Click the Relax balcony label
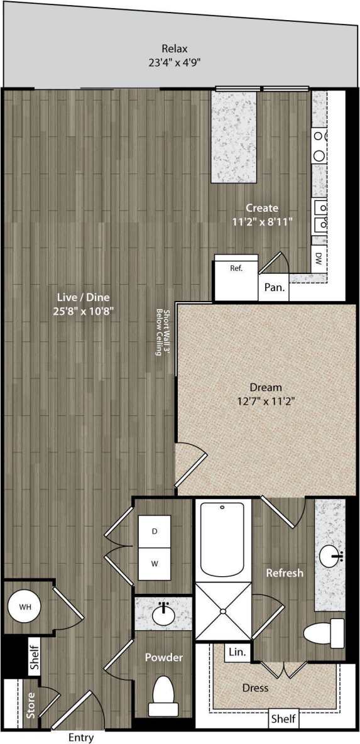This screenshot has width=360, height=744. pyautogui.click(x=175, y=48)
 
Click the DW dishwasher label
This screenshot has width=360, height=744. pyautogui.click(x=319, y=257)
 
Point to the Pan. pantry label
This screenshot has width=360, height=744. pyautogui.click(x=275, y=288)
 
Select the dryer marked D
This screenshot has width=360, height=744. pyautogui.click(x=155, y=532)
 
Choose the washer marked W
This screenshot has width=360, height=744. pyautogui.click(x=155, y=563)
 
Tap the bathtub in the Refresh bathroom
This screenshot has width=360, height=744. pyautogui.click(x=223, y=540)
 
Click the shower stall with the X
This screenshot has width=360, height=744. pyautogui.click(x=223, y=611)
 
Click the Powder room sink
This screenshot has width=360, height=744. pyautogui.click(x=164, y=615)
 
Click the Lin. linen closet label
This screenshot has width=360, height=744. pyautogui.click(x=237, y=652)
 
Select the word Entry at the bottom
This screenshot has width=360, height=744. pyautogui.click(x=82, y=738)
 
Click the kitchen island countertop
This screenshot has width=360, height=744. pyautogui.click(x=235, y=134)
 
